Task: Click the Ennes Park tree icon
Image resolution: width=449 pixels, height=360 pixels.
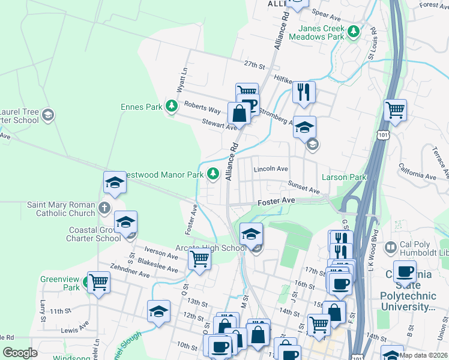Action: click(172, 107)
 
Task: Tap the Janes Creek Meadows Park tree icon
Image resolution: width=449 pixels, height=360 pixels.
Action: click(354, 29)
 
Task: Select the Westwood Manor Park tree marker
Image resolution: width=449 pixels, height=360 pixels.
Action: click(212, 174)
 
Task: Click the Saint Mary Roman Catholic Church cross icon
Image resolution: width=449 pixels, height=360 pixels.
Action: click(104, 208)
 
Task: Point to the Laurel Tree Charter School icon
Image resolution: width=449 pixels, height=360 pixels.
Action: click(48, 115)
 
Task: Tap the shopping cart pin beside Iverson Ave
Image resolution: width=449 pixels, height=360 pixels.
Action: click(199, 260)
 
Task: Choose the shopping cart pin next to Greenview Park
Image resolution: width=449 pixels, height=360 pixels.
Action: click(98, 282)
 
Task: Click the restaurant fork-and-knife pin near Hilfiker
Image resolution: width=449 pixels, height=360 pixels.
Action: click(304, 92)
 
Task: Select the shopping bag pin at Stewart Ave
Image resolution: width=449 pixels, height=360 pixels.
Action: click(239, 113)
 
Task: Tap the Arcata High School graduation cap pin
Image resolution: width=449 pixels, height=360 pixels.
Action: click(251, 234)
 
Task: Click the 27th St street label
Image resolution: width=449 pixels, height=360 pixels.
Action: click(254, 65)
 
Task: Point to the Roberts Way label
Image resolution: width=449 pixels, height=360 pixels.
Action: click(202, 106)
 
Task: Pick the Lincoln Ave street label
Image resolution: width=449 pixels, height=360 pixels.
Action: click(271, 169)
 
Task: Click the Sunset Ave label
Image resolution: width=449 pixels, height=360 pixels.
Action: click(304, 189)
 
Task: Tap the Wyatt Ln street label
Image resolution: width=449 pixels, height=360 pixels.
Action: click(181, 79)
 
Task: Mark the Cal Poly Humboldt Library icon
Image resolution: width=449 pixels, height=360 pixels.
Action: click(391, 246)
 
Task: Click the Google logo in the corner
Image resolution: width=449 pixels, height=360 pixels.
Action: click(20, 353)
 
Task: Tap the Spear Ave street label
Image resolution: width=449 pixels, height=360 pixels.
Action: click(327, 13)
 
